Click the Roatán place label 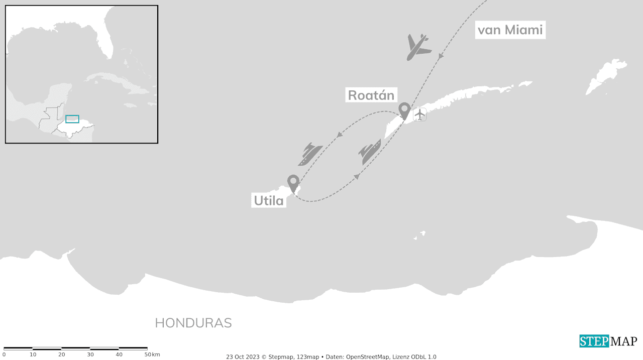371,95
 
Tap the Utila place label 269,201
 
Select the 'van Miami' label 510,31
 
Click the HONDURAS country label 193,323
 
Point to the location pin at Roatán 404,110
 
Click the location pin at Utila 293,182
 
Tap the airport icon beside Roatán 419,114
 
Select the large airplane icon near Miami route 418,47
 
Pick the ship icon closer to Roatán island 370,152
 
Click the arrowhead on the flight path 441,56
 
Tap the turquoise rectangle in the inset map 72,119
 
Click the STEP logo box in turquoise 594,341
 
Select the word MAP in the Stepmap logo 623,341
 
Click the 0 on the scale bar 4,355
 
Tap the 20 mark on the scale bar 61,355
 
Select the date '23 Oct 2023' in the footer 243,357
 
